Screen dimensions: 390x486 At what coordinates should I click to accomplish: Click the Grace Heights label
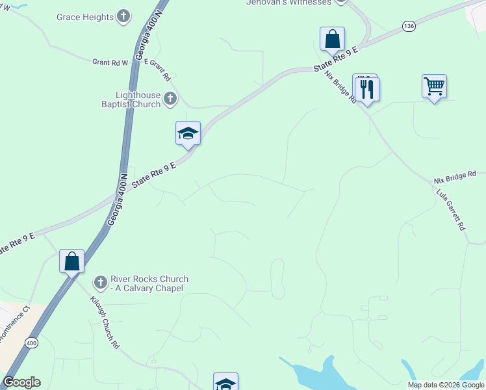85,17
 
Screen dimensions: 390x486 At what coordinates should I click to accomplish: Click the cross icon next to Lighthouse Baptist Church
170,99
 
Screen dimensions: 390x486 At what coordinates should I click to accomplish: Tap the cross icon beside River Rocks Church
100,283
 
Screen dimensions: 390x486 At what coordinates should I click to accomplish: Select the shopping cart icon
434,85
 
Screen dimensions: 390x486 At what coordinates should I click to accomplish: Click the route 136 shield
408,25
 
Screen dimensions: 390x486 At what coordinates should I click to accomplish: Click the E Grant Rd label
157,68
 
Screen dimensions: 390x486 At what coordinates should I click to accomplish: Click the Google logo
21,382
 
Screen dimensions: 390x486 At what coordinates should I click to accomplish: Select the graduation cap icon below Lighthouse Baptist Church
188,133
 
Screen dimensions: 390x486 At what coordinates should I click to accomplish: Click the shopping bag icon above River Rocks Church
72,261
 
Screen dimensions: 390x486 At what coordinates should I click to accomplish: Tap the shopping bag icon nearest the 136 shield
332,38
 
